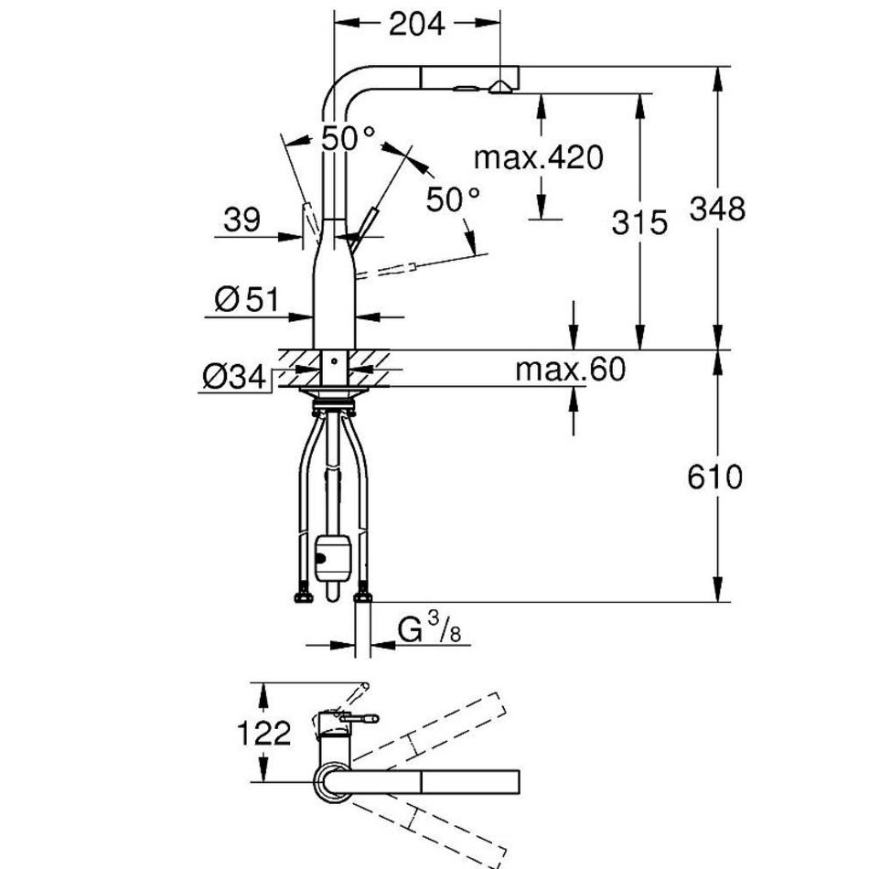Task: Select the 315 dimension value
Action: point(641,222)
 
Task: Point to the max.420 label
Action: point(539,157)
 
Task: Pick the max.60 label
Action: point(570,370)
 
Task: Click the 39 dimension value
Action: point(241,220)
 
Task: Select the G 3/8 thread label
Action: point(422,631)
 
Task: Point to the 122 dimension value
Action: point(263,733)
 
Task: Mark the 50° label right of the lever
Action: point(454,198)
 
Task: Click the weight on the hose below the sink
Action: point(330,555)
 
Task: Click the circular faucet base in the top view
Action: point(332,784)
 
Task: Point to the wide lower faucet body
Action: point(335,297)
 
